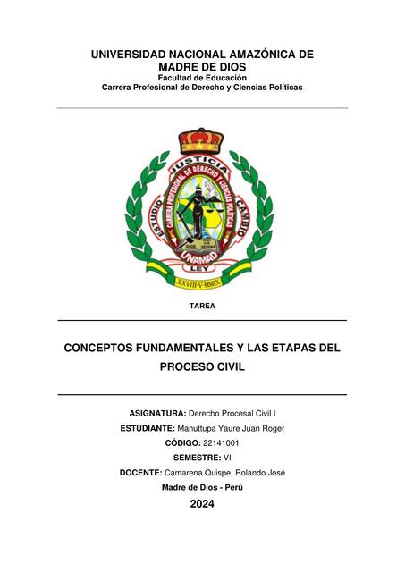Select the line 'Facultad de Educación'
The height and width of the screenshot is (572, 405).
tap(202, 78)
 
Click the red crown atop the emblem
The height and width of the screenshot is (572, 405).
tap(201, 140)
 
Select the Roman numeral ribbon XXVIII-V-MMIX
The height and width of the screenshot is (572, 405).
tap(202, 282)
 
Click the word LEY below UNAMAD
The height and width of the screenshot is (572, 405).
tap(202, 268)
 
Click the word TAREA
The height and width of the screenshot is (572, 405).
tap(202, 307)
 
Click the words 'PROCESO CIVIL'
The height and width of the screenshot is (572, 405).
tap(202, 366)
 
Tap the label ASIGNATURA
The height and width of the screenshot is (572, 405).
tap(156, 414)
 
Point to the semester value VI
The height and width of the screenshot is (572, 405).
tap(227, 458)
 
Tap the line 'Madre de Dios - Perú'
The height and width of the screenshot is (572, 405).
tap(202, 487)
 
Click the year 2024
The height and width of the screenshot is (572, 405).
tap(202, 504)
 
